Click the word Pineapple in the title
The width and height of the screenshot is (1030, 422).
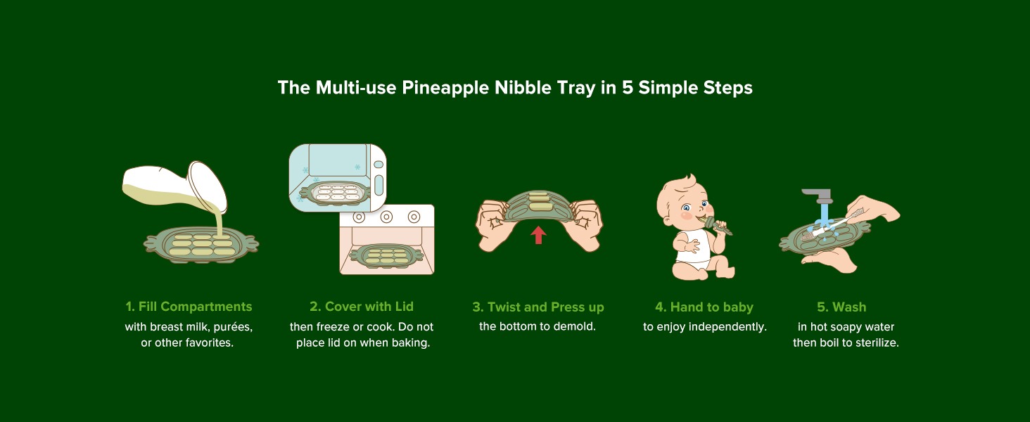tap(445, 88)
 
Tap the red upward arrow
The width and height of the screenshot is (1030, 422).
tap(538, 236)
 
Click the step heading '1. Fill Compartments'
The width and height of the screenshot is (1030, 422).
tap(189, 307)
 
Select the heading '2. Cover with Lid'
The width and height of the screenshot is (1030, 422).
tap(362, 307)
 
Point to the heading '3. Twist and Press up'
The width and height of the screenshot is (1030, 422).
tap(538, 307)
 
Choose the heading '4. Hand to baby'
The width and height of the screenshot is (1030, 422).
tap(704, 307)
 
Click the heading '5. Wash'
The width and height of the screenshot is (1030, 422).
tap(841, 307)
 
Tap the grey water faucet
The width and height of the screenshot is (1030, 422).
tap(818, 197)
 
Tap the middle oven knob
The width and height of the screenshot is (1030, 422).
tap(386, 217)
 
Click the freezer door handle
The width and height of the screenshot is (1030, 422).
tap(379, 185)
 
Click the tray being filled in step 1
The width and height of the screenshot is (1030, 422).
tap(201, 245)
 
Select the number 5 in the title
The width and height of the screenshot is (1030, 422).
tap(627, 88)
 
